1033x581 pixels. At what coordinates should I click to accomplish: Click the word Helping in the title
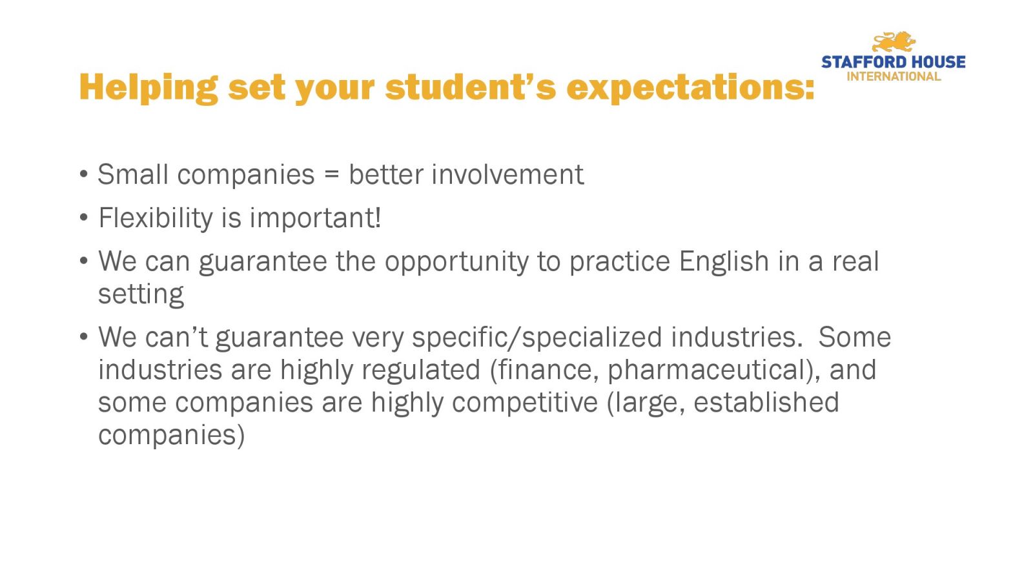[148, 88]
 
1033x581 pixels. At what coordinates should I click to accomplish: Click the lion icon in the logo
[894, 42]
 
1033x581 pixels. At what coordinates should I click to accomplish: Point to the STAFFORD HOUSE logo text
[894, 62]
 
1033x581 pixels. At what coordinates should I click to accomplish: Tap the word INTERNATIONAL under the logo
[894, 77]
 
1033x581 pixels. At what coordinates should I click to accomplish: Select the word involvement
[507, 174]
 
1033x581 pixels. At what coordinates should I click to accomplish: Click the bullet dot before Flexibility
[83, 217]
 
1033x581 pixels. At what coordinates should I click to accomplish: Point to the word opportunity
[456, 262]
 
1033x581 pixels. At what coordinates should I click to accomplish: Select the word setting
[141, 294]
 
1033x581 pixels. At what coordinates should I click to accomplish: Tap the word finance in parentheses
[544, 370]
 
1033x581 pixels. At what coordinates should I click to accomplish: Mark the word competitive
[525, 403]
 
